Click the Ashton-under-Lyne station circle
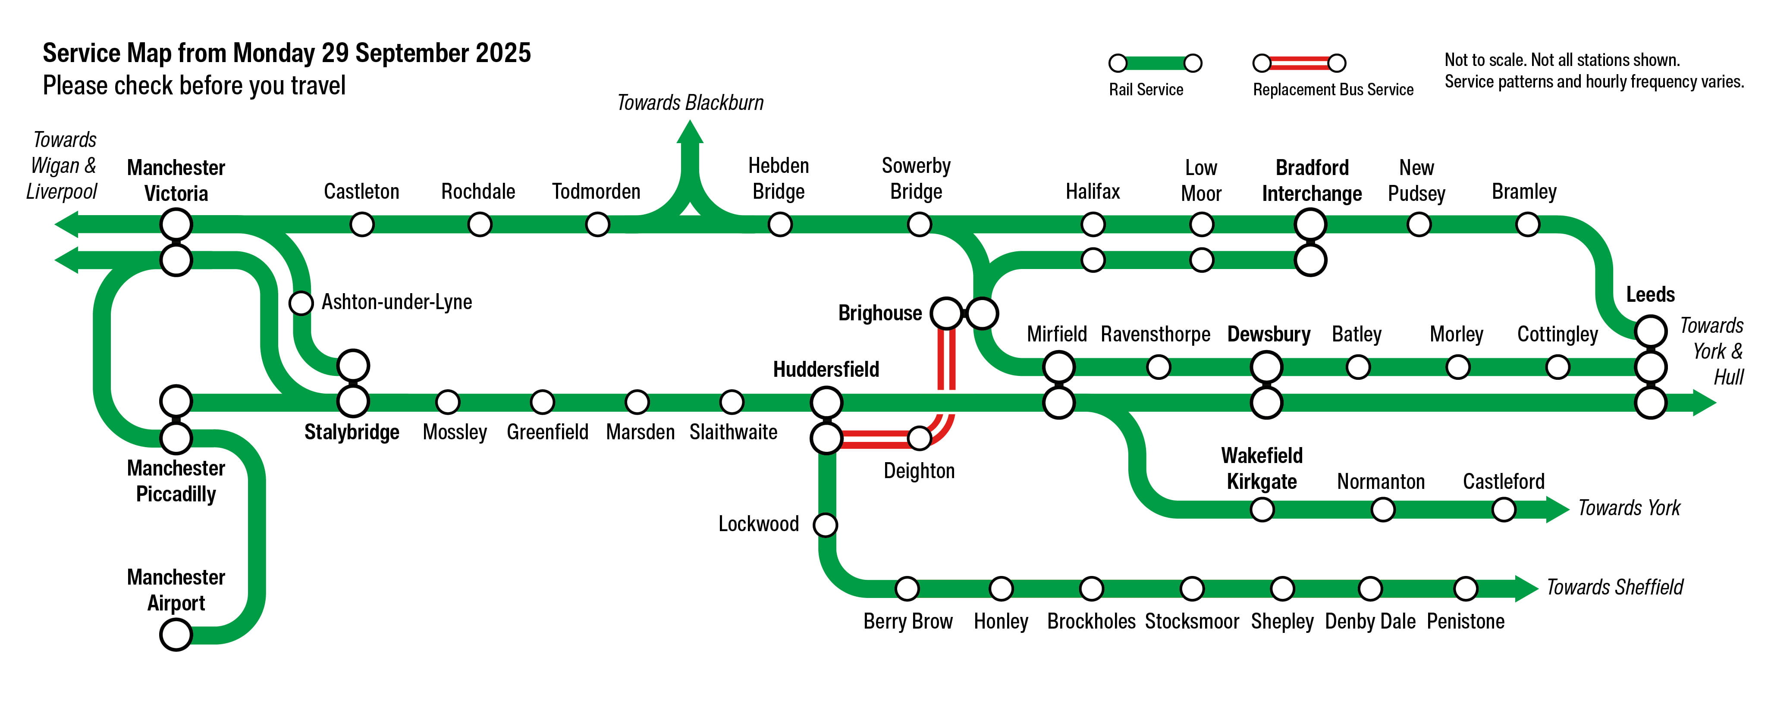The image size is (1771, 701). click(301, 302)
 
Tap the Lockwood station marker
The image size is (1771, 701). click(825, 525)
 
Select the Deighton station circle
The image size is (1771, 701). click(919, 438)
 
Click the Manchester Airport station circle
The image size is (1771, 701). click(176, 634)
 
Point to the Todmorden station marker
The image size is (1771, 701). click(597, 224)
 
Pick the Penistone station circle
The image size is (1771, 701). click(1465, 588)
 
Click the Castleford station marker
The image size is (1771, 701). click(1504, 509)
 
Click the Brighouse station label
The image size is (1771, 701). click(879, 313)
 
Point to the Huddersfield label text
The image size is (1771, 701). click(826, 370)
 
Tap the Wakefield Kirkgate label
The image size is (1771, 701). click(1262, 469)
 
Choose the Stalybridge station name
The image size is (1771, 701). click(352, 432)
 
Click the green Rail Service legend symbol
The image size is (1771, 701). click(1155, 63)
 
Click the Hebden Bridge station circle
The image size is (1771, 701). click(780, 224)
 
